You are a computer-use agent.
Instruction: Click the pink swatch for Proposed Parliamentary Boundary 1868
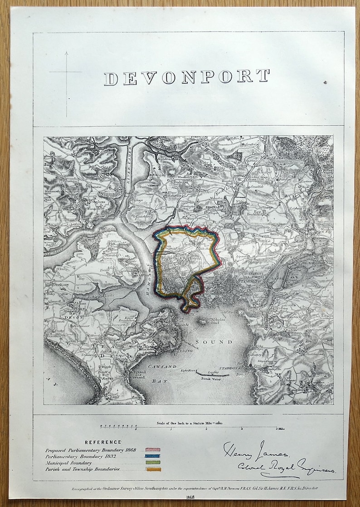click(x=153, y=449)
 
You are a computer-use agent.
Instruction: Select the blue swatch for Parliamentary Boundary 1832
click(x=153, y=456)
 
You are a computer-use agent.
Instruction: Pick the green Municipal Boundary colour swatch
click(x=153, y=463)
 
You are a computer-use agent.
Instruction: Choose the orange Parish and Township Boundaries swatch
click(x=153, y=469)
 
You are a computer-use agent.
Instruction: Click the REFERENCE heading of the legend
click(x=103, y=442)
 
